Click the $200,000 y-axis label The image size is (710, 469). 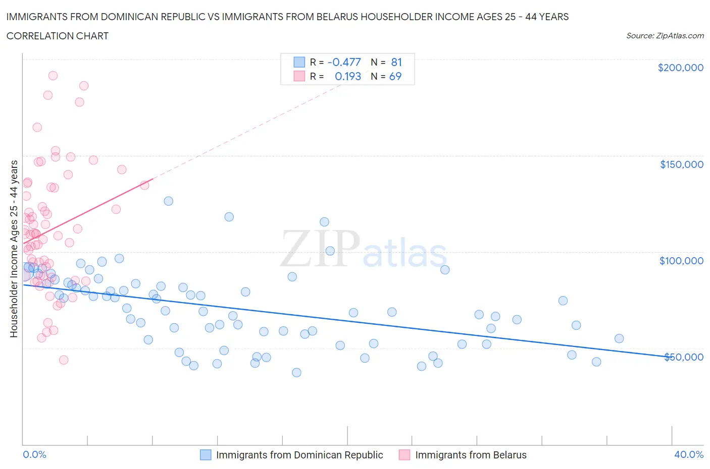tap(680, 68)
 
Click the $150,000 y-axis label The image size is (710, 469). tap(681, 164)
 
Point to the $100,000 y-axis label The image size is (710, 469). tap(681, 261)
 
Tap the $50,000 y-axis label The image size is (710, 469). tap(683, 357)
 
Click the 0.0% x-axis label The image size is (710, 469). tap(34, 454)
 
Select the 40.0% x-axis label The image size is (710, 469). tap(689, 454)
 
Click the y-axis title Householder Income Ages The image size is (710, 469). tap(14, 249)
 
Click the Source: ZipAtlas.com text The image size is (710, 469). tap(665, 36)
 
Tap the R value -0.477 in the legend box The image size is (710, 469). tap(344, 62)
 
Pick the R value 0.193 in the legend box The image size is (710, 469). tap(348, 76)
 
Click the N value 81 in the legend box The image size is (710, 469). tap(396, 62)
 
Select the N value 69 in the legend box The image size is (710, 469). tap(395, 76)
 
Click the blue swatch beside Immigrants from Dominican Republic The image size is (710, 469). tap(206, 455)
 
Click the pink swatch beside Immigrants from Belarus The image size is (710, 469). tap(404, 455)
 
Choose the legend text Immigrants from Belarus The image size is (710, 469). tap(471, 455)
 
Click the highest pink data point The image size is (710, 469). tap(53, 76)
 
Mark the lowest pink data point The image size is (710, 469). tap(64, 360)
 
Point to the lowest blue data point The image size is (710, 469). tap(296, 372)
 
